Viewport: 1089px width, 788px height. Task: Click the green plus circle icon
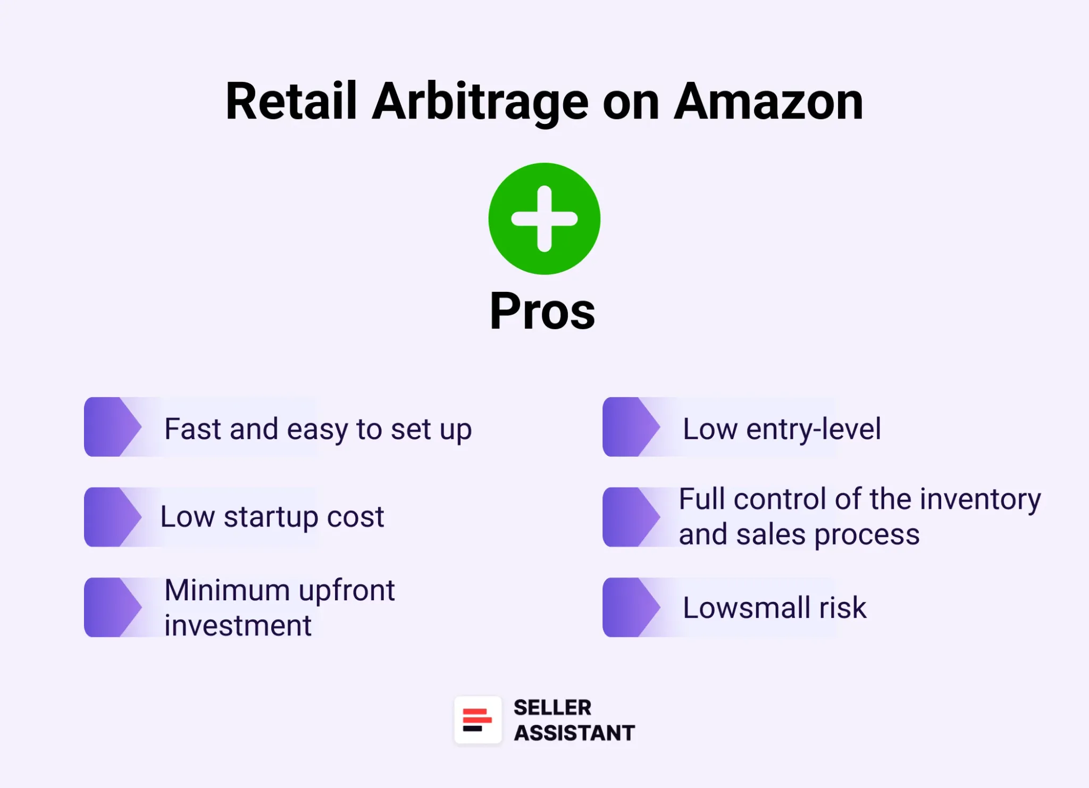(544, 219)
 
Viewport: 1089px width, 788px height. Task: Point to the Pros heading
(542, 311)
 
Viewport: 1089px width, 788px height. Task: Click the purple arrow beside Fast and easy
(112, 427)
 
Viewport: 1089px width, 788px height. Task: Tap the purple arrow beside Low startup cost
(112, 517)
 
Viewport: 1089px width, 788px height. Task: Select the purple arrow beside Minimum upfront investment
(112, 607)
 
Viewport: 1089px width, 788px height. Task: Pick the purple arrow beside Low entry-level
(631, 427)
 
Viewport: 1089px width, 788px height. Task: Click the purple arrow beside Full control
(631, 517)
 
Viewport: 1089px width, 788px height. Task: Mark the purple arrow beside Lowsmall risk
(631, 607)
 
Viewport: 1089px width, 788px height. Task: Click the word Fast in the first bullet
(192, 429)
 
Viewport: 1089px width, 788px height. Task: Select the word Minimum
(227, 590)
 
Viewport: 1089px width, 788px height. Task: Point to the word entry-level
(813, 429)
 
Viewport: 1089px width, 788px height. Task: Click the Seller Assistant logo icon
(478, 720)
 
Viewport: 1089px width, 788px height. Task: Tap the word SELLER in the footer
(552, 708)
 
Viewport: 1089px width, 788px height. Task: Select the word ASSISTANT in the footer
(574, 733)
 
